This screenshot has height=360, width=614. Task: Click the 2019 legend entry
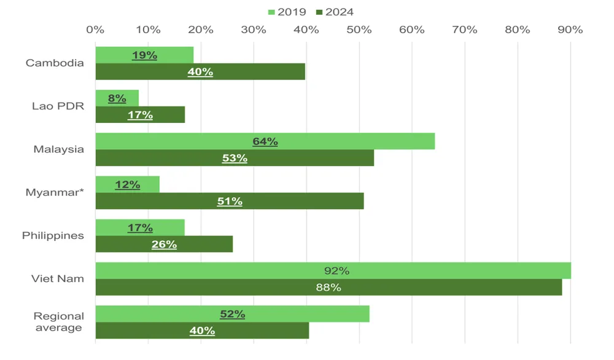287,12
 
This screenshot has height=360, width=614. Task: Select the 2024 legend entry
334,12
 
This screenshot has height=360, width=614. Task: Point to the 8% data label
117,98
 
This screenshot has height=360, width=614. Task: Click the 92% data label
336,271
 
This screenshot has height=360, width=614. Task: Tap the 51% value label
230,201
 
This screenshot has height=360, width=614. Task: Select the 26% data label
164,244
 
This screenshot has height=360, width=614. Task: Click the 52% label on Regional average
232,314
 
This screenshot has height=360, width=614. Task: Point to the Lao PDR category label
58,106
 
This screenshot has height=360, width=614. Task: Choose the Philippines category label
53,236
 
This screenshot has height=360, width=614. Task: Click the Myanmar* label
55,192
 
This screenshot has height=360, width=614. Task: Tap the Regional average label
58,322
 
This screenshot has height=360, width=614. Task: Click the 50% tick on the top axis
359,29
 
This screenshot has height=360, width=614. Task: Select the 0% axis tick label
95,29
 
